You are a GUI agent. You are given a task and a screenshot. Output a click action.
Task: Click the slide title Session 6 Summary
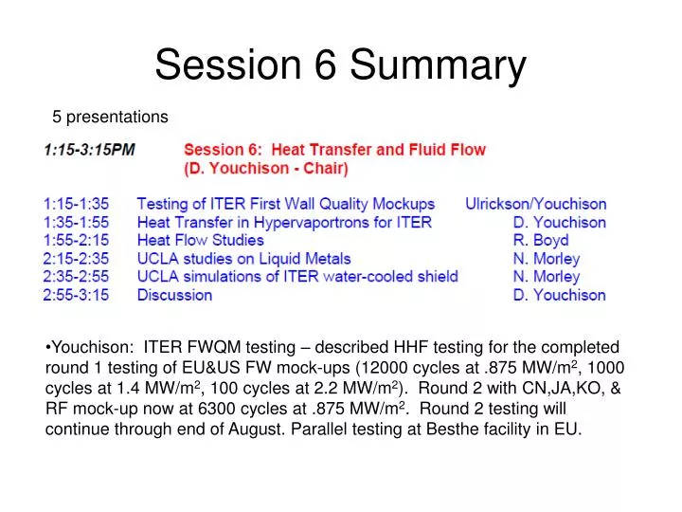[x=340, y=65]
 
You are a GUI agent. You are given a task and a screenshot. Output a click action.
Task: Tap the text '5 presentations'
[x=110, y=117]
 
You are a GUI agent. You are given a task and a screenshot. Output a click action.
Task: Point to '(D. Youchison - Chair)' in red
[x=265, y=169]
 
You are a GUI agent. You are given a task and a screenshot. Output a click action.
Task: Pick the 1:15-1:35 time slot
[x=76, y=204]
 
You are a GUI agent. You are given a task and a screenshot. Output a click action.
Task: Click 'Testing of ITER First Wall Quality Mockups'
[x=286, y=204]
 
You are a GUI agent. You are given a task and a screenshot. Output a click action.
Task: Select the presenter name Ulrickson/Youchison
[x=535, y=204]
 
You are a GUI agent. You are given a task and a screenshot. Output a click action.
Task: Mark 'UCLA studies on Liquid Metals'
[x=243, y=258]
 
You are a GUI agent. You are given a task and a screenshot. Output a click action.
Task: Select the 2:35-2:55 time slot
[x=76, y=276]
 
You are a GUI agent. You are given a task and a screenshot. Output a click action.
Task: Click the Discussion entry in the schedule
[x=174, y=295]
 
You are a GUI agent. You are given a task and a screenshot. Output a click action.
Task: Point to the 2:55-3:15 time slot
[x=76, y=295]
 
